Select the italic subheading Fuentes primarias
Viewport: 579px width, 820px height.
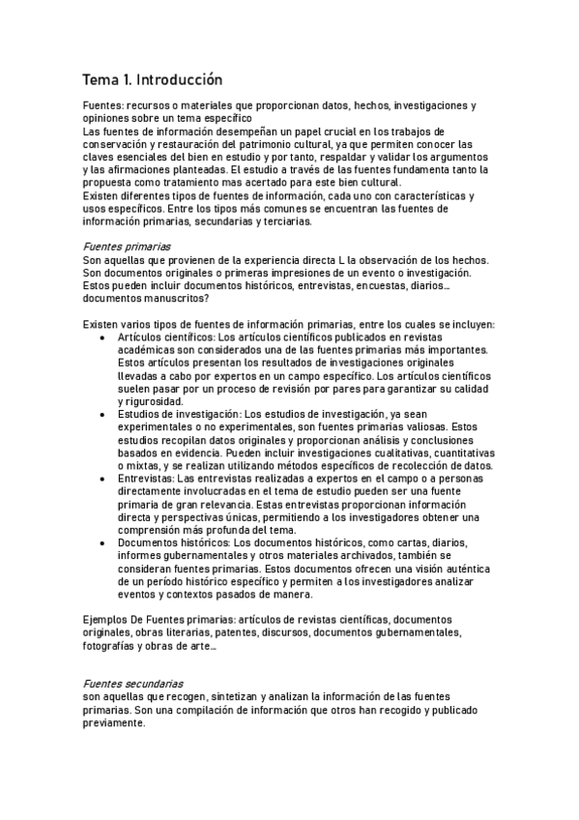[127, 247]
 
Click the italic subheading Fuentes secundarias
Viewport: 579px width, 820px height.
[132, 682]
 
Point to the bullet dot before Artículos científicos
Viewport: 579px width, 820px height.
[104, 337]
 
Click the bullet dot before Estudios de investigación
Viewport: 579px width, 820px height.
[104, 414]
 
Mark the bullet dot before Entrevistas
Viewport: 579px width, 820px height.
[104, 479]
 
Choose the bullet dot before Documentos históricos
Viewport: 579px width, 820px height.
[104, 543]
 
